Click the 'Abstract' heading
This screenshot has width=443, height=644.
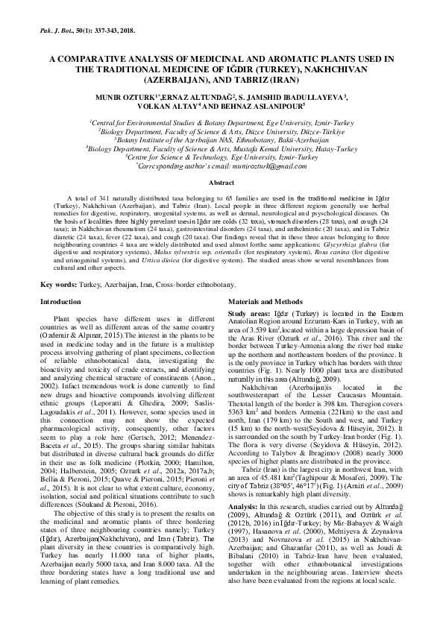point(221,183)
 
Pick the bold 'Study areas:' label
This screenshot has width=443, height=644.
point(249,315)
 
